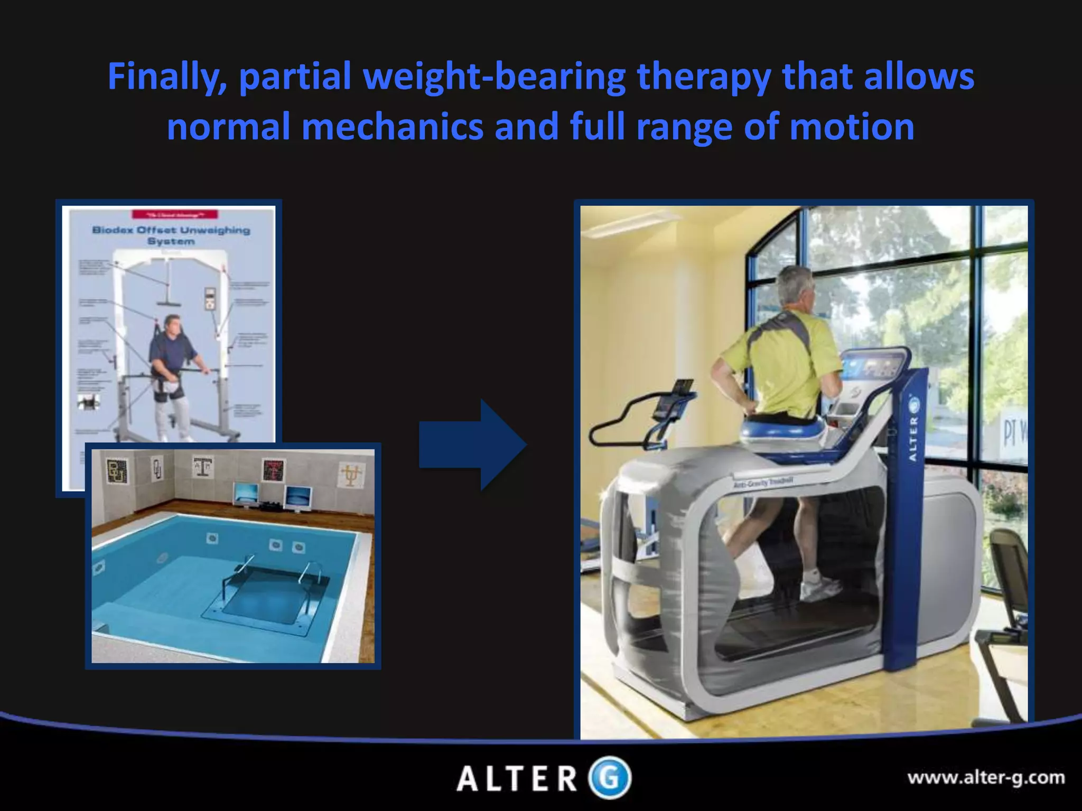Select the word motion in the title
point(852,128)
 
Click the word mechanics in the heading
point(392,128)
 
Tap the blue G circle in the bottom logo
point(610,778)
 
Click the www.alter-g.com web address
point(986,778)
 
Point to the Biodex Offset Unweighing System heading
point(171,235)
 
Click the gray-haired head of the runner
point(797,288)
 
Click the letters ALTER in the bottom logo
point(517,779)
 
